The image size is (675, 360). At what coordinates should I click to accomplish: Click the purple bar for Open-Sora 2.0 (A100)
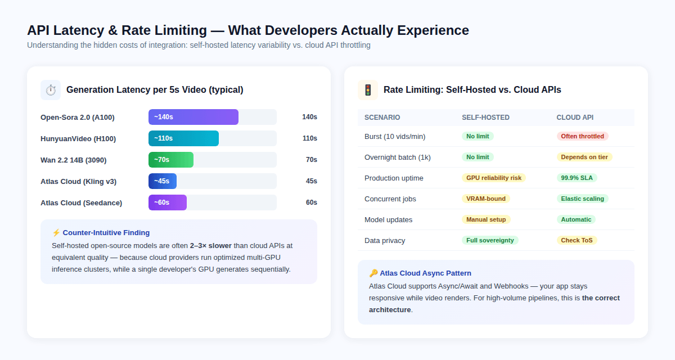pyautogui.click(x=193, y=117)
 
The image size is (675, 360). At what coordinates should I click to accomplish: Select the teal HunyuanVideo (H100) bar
pyautogui.click(x=183, y=138)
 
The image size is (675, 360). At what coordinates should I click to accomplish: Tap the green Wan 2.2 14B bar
pyautogui.click(x=171, y=160)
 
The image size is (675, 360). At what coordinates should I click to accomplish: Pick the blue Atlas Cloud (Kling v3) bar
pyautogui.click(x=163, y=181)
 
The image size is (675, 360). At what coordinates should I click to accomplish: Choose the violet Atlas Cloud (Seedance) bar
pyautogui.click(x=168, y=202)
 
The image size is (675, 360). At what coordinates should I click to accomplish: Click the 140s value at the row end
pyautogui.click(x=309, y=117)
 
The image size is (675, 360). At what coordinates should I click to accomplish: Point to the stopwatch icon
pyautogui.click(x=51, y=90)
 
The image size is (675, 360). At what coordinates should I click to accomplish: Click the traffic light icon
pyautogui.click(x=368, y=90)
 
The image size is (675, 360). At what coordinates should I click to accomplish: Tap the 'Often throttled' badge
pyautogui.click(x=582, y=136)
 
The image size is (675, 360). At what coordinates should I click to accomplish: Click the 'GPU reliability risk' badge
pyautogui.click(x=494, y=178)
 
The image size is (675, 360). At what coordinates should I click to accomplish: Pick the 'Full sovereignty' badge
pyautogui.click(x=490, y=240)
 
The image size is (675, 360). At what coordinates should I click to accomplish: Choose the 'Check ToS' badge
pyautogui.click(x=577, y=240)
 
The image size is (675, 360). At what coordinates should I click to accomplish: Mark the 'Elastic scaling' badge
pyautogui.click(x=582, y=199)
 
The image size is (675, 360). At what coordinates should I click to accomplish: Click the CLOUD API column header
pyautogui.click(x=575, y=118)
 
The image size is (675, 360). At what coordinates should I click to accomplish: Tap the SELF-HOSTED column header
pyautogui.click(x=485, y=118)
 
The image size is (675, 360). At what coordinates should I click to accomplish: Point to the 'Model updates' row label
pyautogui.click(x=388, y=219)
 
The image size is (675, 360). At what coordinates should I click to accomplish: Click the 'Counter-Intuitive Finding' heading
pyautogui.click(x=106, y=232)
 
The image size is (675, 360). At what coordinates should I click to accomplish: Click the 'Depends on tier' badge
pyautogui.click(x=584, y=157)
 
